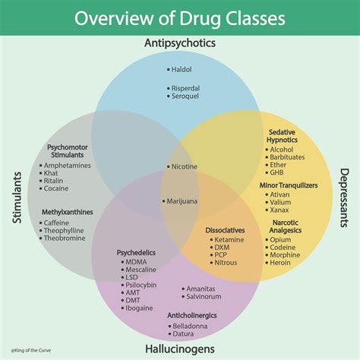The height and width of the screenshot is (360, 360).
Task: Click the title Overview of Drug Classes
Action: coord(180,18)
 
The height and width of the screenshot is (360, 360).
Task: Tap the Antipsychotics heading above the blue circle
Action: coord(180,43)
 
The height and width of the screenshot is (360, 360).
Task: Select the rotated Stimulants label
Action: coord(17,197)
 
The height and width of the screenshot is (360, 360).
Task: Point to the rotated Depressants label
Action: coord(344,197)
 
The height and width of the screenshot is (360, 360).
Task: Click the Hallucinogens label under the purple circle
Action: coord(180,349)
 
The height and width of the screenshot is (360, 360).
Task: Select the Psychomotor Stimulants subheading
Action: coord(68,151)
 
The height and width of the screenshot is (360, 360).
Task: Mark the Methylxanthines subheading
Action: coord(68,212)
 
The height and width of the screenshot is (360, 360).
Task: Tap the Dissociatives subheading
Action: coord(225,230)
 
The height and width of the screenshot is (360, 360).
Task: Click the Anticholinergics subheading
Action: coord(192,315)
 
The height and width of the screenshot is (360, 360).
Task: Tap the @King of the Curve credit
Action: coord(31,350)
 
